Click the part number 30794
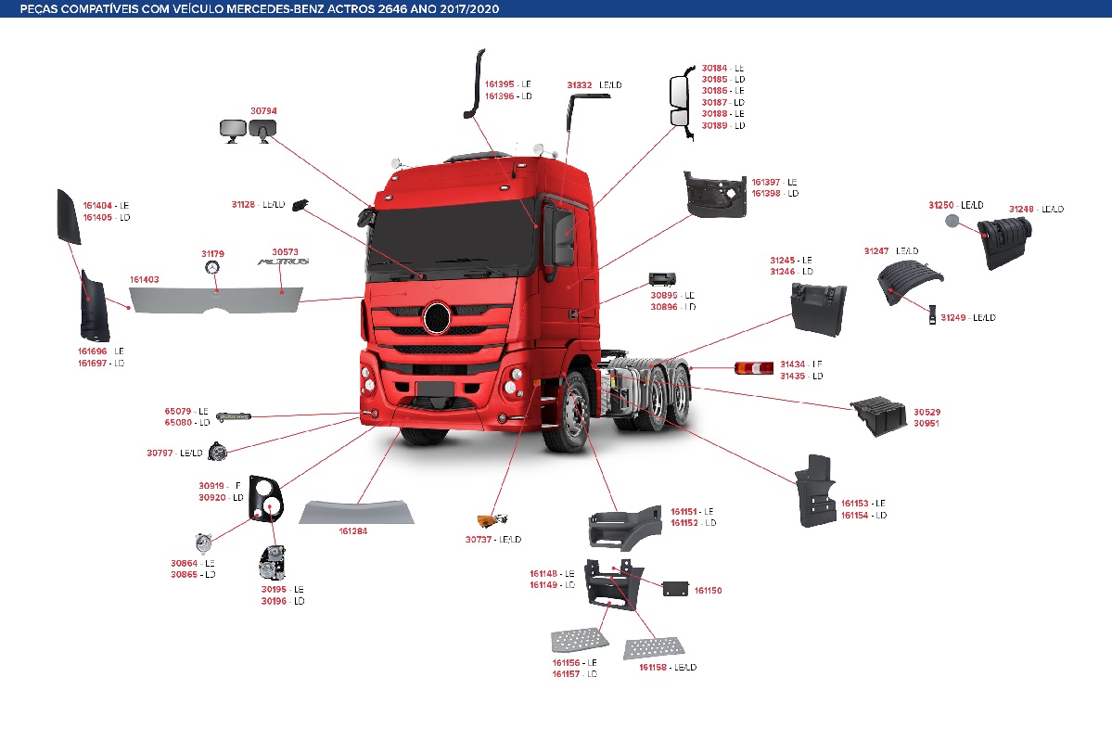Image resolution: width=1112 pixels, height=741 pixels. click(263, 111)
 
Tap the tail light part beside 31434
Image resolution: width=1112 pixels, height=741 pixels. click(752, 369)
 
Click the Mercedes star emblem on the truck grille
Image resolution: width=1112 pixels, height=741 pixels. click(436, 318)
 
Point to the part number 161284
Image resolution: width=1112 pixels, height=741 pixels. click(353, 531)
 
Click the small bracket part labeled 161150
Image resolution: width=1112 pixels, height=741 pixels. click(674, 589)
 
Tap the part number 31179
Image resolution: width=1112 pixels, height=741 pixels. click(212, 253)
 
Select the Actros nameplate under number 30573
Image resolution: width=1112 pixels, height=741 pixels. click(284, 263)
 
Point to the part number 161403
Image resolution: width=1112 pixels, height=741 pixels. click(144, 279)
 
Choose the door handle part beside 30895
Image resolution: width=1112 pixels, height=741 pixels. click(662, 279)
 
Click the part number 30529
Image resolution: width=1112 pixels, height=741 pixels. click(927, 411)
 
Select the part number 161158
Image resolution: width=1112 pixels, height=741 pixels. click(653, 668)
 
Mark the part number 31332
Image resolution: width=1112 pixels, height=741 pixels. click(580, 85)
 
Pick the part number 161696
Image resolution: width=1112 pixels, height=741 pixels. click(96, 351)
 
